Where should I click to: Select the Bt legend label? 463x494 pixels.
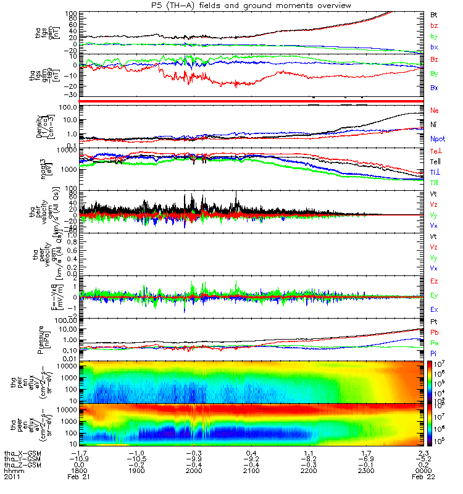point(434,14)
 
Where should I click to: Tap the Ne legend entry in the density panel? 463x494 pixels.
point(434,110)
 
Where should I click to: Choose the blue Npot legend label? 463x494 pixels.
point(437,140)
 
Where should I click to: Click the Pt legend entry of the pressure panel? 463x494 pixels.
point(434,322)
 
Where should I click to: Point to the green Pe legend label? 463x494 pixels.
point(434,342)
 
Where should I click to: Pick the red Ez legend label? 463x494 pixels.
point(434,281)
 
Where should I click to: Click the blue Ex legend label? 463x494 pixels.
point(434,309)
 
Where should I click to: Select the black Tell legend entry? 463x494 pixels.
point(435,162)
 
